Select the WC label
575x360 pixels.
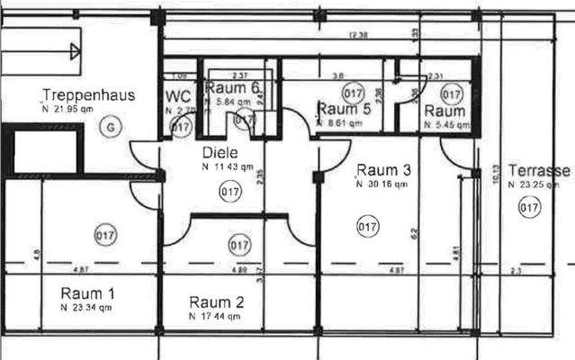[x=177, y=96]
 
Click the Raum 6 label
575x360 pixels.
[x=232, y=87]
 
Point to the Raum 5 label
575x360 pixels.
[x=343, y=109]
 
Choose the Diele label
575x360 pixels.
[x=220, y=153]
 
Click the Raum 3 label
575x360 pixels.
[x=384, y=170]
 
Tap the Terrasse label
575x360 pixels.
[x=539, y=170]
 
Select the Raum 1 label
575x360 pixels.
[x=87, y=292]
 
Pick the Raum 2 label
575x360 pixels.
[x=217, y=301]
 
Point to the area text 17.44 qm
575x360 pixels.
[x=216, y=317]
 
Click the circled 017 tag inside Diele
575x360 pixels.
[x=229, y=190]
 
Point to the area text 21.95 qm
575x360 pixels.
[x=69, y=108]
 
